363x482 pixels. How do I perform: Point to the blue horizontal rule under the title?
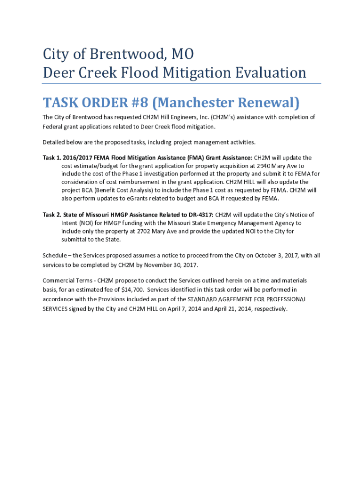[181, 84]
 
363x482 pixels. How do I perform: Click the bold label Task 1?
[51, 158]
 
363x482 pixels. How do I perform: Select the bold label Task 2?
[51, 215]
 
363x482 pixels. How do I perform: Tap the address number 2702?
[146, 231]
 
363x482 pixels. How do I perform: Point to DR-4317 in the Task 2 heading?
[200, 215]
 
